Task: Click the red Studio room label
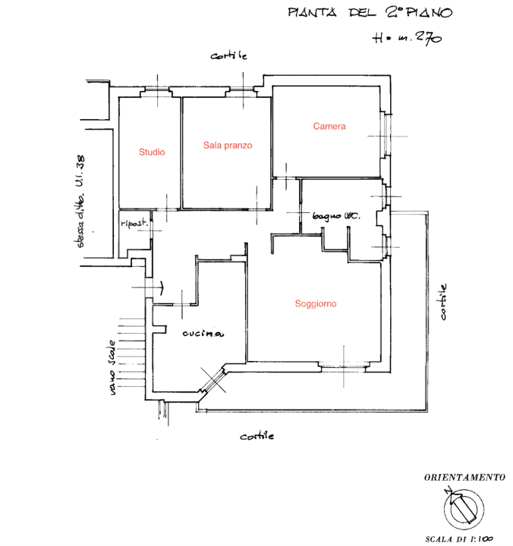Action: tap(151, 152)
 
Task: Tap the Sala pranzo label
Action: tap(227, 145)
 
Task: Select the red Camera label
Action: tap(329, 127)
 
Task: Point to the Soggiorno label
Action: tap(316, 304)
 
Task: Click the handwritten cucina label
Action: tap(202, 334)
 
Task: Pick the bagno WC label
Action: tap(336, 217)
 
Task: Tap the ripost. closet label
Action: tap(132, 224)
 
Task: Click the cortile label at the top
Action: tap(229, 56)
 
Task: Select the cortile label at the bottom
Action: tap(256, 437)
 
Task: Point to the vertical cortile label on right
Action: tap(443, 302)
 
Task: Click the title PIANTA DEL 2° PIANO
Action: tap(370, 12)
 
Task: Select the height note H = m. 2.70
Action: tap(407, 39)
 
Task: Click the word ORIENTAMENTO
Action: tap(464, 478)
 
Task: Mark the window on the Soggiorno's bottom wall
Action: tap(344, 367)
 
